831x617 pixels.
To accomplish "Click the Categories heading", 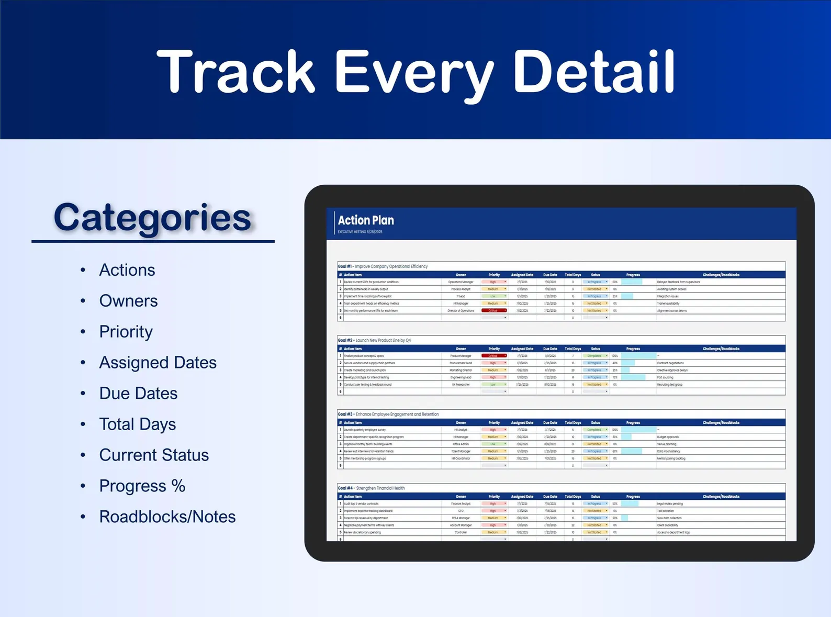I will (x=152, y=218).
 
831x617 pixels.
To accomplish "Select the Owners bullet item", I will (x=128, y=301).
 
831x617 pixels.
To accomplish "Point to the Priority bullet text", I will (x=126, y=332).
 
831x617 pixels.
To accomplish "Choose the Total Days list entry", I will (x=138, y=424).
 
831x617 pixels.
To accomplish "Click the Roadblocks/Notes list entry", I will (x=167, y=517).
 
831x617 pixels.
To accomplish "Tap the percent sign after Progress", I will (x=178, y=486).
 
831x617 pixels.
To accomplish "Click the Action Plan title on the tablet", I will (x=366, y=220).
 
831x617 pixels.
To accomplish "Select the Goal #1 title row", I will (x=383, y=266).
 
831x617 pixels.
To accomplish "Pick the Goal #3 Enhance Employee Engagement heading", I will (x=388, y=414).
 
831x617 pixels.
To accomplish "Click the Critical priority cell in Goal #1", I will (x=493, y=311).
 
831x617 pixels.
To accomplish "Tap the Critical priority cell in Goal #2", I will (x=493, y=356).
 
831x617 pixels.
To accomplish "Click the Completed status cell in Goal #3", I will (x=594, y=430).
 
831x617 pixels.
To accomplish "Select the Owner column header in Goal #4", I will (x=461, y=497).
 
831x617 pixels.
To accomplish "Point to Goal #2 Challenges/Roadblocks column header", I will (x=721, y=349).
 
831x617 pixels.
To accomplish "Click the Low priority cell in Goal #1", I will (x=493, y=296).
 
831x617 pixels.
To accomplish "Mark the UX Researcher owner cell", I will (x=461, y=385).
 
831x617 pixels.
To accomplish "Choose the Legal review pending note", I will (x=670, y=504).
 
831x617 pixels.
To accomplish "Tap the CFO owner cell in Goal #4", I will (x=461, y=511).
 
